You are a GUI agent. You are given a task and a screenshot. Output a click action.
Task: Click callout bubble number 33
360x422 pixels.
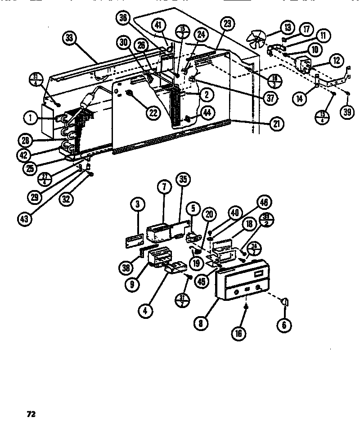tap(69, 39)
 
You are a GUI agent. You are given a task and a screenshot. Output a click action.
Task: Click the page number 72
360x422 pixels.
tap(31, 413)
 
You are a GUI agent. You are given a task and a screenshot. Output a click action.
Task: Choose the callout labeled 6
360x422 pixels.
tap(284, 324)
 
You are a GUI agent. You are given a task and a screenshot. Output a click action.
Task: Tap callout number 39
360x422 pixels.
tap(346, 112)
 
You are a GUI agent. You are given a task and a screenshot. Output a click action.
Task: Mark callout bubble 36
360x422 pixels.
tap(122, 18)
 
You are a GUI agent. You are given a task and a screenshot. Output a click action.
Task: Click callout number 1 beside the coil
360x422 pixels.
tap(30, 119)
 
